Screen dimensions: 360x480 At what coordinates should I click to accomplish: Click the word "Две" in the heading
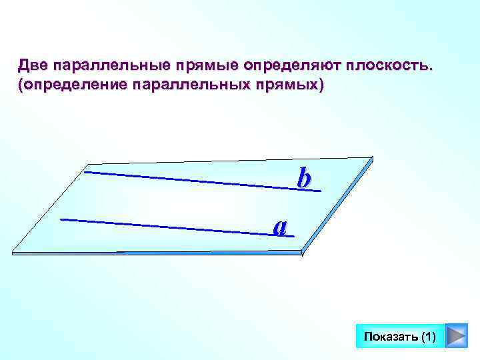tap(33, 66)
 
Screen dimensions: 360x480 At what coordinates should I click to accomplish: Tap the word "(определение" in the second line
tap(72, 87)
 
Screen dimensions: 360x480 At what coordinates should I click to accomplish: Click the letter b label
tap(304, 179)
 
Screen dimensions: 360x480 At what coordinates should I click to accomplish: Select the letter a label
tap(281, 226)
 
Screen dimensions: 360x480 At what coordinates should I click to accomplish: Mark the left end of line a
tap(61, 218)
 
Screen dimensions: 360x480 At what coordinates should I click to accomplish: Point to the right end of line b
tap(321, 191)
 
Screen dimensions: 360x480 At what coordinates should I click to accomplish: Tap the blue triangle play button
tap(455, 337)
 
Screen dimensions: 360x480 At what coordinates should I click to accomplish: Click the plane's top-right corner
tap(372, 159)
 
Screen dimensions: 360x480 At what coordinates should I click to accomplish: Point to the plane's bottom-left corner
tap(14, 251)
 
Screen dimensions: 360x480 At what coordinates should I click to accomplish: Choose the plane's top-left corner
tap(89, 162)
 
